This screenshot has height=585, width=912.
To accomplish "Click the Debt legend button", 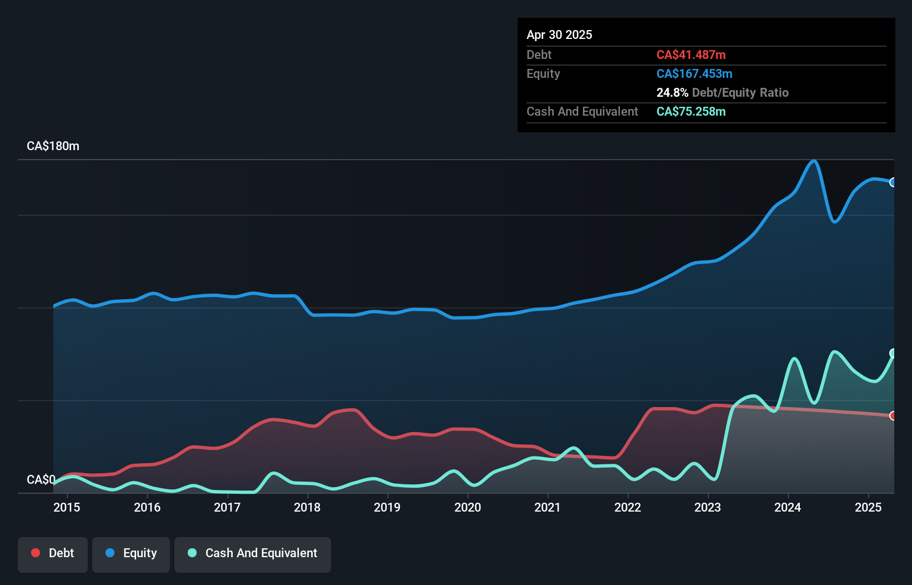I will click(x=53, y=553).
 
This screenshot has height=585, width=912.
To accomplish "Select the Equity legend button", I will click(x=131, y=553).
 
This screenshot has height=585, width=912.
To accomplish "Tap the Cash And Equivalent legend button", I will click(x=253, y=553).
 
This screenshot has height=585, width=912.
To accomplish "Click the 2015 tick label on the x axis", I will click(x=67, y=507).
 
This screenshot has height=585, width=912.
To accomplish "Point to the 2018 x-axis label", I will click(x=307, y=507).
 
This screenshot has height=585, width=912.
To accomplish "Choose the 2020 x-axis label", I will click(x=468, y=507).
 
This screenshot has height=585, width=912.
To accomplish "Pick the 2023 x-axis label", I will click(x=708, y=507).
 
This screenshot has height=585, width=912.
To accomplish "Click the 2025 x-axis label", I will click(x=868, y=507).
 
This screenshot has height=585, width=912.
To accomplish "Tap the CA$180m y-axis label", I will click(x=53, y=146).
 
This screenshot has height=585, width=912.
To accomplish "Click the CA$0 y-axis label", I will click(x=41, y=479).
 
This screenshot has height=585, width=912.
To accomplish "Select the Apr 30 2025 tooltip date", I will click(x=559, y=34).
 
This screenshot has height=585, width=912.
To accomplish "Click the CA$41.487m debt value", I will click(x=691, y=54).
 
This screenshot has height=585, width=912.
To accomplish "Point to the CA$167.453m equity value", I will click(x=694, y=73).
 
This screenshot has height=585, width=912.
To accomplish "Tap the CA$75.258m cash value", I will click(x=691, y=111).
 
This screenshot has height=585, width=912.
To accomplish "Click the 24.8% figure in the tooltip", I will click(x=672, y=92).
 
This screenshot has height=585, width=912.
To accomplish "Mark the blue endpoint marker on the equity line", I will click(x=893, y=182).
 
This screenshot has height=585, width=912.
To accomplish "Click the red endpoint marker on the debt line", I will click(x=893, y=416).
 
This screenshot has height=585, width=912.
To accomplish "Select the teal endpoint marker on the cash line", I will click(x=893, y=353).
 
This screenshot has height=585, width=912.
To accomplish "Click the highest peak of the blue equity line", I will click(x=814, y=161).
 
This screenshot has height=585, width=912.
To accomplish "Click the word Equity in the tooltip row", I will click(x=543, y=73).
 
